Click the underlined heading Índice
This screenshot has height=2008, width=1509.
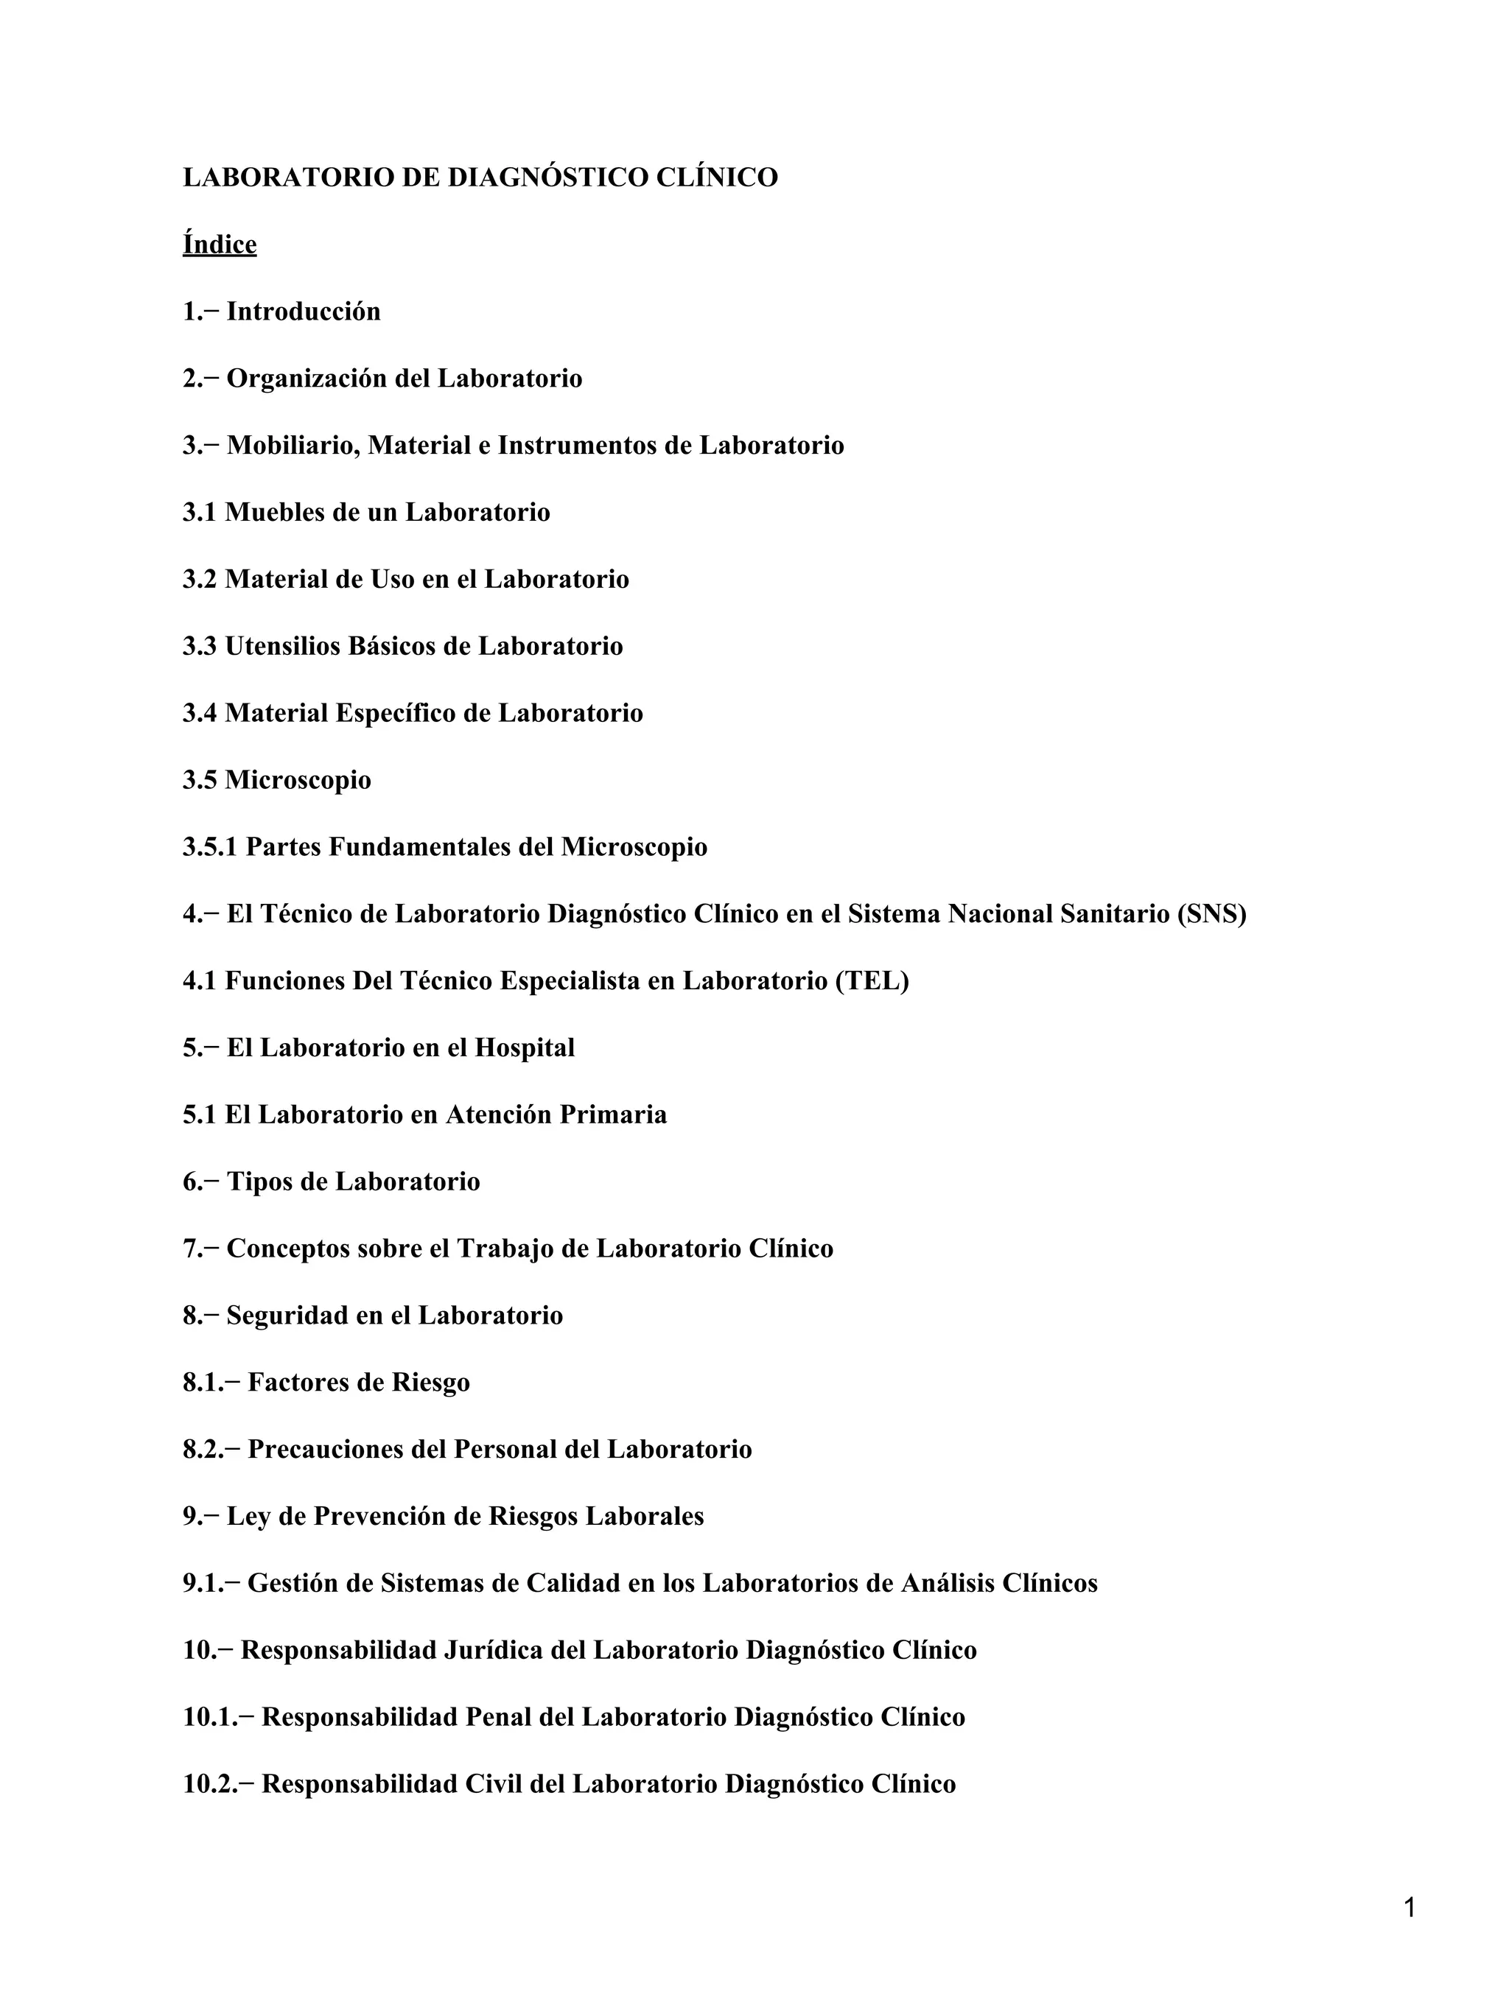tap(220, 245)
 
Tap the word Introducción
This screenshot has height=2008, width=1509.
tap(304, 312)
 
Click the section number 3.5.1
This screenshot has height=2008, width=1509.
tap(210, 847)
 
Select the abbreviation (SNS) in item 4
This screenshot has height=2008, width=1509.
tap(1211, 914)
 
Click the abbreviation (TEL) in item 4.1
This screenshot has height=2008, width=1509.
tap(872, 981)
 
